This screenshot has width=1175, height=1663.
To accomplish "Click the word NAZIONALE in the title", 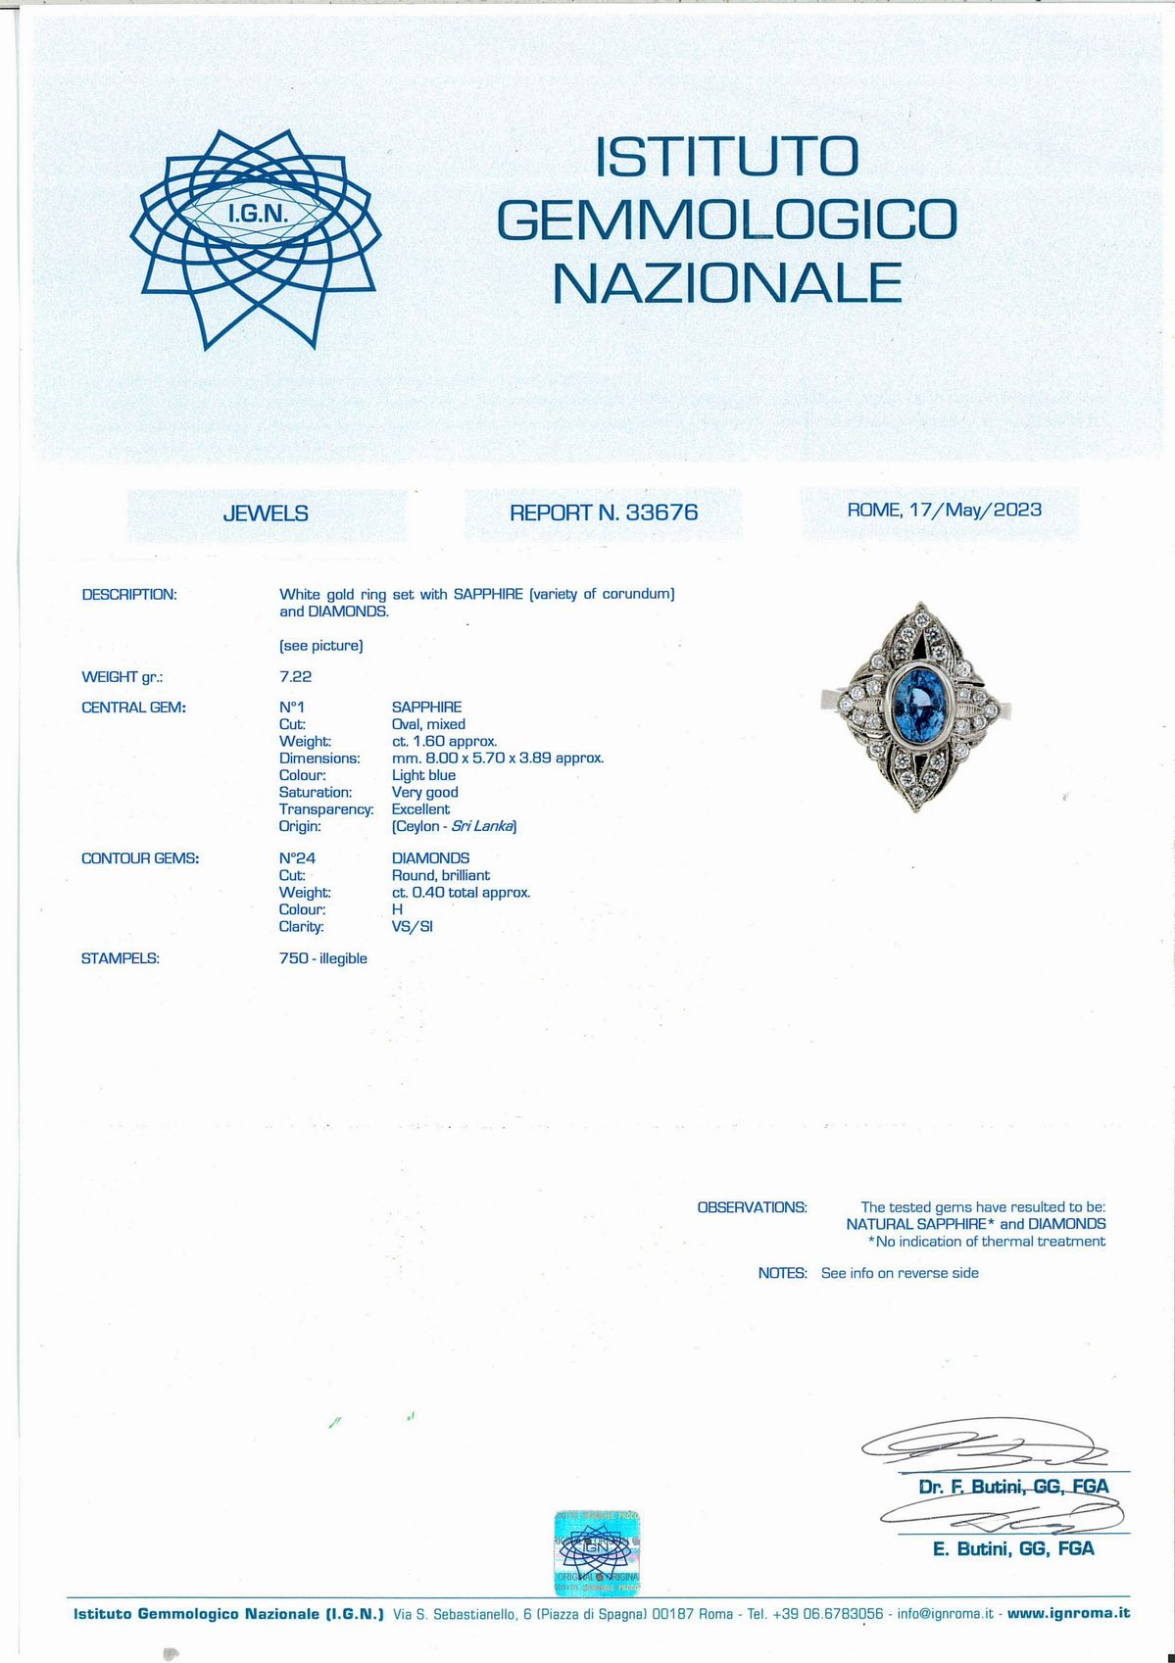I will pyautogui.click(x=726, y=283).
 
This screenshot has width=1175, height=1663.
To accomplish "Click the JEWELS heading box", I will pyautogui.click(x=266, y=514).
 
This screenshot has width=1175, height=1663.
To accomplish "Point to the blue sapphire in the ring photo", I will pyautogui.click(x=915, y=706).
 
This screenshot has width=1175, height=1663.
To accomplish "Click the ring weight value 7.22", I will pyautogui.click(x=295, y=676).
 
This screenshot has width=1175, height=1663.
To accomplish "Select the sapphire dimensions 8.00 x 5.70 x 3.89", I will pyautogui.click(x=497, y=758).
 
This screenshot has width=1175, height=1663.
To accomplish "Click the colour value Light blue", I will pyautogui.click(x=423, y=775).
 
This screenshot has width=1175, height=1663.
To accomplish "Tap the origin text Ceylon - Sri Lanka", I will pyautogui.click(x=454, y=826).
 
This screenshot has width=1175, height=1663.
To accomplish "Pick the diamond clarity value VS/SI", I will pyautogui.click(x=412, y=926).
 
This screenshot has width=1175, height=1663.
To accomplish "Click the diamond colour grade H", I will pyautogui.click(x=397, y=909).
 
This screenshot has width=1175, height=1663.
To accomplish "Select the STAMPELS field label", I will pyautogui.click(x=121, y=958).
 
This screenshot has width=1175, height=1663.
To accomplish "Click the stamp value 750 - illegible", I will pyautogui.click(x=322, y=958).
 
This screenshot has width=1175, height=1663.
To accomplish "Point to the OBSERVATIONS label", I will pyautogui.click(x=752, y=1207).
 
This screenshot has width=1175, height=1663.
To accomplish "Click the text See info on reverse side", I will pyautogui.click(x=900, y=1273).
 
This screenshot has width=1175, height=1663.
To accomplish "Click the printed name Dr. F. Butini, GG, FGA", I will pyautogui.click(x=1013, y=1487).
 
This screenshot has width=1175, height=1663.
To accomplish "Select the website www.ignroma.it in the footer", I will pyautogui.click(x=1068, y=1613).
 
